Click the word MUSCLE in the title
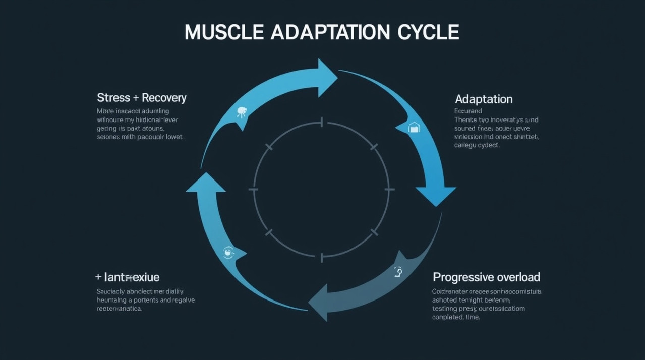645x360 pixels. pyautogui.click(x=224, y=32)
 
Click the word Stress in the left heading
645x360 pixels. pyautogui.click(x=113, y=97)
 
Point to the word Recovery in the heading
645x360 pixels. pyautogui.click(x=164, y=97)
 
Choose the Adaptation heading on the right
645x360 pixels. pyautogui.click(x=484, y=99)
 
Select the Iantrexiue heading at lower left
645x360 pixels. pyautogui.click(x=132, y=277)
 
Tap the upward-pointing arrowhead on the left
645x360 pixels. pyautogui.click(x=205, y=183)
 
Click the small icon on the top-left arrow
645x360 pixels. pyautogui.click(x=242, y=112)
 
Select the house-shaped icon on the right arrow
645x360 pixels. pyautogui.click(x=414, y=128)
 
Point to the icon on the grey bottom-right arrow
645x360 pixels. pyautogui.click(x=398, y=272)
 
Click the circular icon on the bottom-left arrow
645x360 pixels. pyautogui.click(x=228, y=252)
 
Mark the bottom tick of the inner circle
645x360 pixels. pyautogui.click(x=321, y=257)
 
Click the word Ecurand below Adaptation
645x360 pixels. pyautogui.click(x=468, y=111)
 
